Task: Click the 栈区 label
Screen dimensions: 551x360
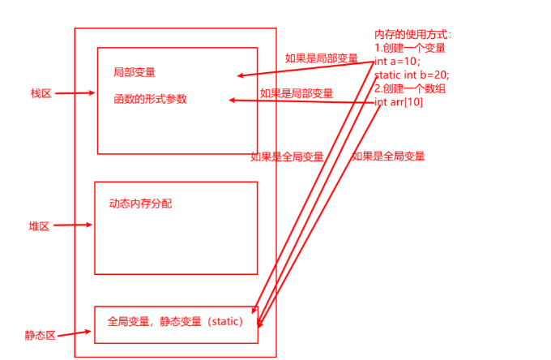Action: coord(41,94)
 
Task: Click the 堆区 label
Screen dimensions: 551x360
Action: coord(39,227)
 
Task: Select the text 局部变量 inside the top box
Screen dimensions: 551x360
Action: coord(135,72)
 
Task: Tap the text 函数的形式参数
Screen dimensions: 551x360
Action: coord(151,99)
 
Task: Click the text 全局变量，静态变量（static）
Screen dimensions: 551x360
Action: coord(175,321)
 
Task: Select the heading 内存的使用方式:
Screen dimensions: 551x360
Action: coord(412,35)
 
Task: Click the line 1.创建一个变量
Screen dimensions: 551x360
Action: coord(409,48)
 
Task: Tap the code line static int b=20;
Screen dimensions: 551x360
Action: coord(412,75)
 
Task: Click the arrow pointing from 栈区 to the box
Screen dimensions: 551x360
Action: coord(75,93)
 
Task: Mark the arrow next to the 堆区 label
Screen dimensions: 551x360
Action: coord(74,225)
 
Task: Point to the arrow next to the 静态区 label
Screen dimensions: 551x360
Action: coord(75,332)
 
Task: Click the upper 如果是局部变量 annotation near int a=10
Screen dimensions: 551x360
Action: coord(321,58)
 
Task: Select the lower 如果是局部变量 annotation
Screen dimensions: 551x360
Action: coord(296,93)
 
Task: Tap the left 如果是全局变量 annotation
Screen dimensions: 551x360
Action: coord(287,157)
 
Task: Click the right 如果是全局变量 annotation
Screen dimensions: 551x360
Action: coord(388,156)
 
